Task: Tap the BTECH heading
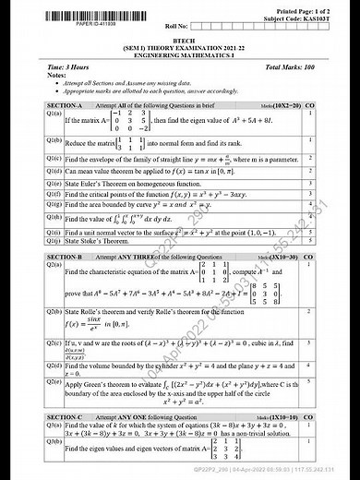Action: tap(181, 40)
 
